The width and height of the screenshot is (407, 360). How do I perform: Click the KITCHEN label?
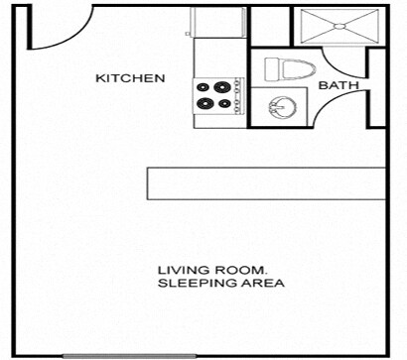(129, 77)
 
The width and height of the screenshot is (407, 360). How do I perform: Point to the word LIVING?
(183, 270)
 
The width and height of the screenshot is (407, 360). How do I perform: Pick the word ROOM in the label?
(243, 270)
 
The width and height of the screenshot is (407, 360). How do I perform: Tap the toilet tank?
(271, 68)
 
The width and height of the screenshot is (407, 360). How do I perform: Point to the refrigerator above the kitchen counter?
(220, 22)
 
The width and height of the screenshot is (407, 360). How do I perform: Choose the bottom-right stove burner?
(223, 102)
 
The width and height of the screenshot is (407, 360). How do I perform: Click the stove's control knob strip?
(238, 94)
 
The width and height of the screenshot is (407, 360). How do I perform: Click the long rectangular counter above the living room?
(266, 183)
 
